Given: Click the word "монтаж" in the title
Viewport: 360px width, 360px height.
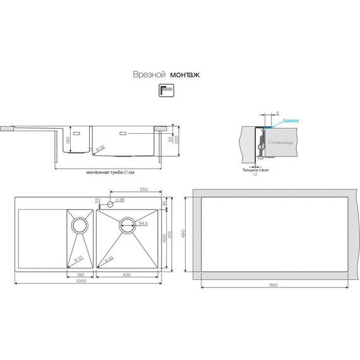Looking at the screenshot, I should [x=185, y=75].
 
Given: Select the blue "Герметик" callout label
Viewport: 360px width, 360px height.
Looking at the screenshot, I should [x=291, y=119].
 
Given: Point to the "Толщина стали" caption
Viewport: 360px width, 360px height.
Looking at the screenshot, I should [x=256, y=169].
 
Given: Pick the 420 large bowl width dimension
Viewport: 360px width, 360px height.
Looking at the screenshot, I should [x=126, y=275].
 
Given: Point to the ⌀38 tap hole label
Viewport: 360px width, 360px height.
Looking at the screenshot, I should [x=123, y=200].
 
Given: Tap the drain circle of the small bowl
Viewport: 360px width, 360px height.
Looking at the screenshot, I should [x=80, y=224].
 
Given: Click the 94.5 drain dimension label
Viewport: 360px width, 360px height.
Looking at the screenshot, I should [x=143, y=223].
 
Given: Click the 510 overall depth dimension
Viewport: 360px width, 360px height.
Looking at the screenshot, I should [x=169, y=234].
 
